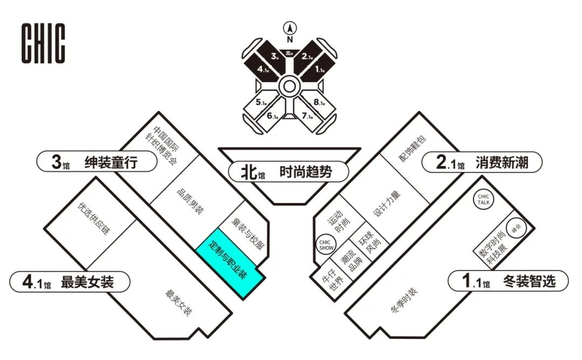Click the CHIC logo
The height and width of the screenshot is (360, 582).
(43, 43)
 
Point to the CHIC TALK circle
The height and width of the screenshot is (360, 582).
(483, 200)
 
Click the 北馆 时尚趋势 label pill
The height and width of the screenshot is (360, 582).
(288, 172)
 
